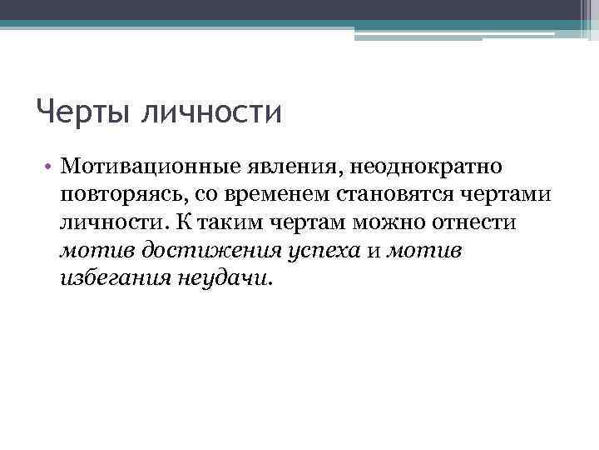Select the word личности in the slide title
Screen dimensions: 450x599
[x=213, y=112]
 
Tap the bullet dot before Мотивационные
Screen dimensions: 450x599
[x=50, y=168]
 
